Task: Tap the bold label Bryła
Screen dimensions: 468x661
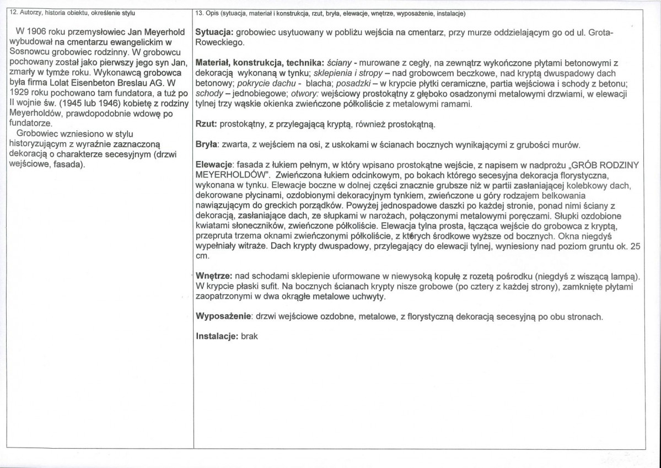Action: tap(207, 145)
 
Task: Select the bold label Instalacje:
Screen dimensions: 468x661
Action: tap(217, 336)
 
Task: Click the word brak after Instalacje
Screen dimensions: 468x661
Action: tap(250, 336)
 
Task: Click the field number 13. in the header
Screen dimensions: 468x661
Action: tap(201, 12)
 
